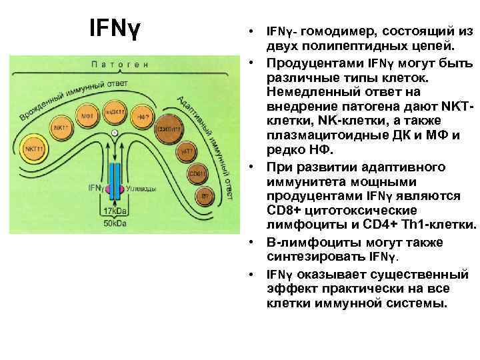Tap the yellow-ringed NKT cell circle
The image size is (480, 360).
tap(35, 149)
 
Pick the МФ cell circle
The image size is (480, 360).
tap(87, 114)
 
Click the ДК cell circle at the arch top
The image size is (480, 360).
tap(114, 110)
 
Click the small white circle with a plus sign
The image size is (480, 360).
tap(114, 133)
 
